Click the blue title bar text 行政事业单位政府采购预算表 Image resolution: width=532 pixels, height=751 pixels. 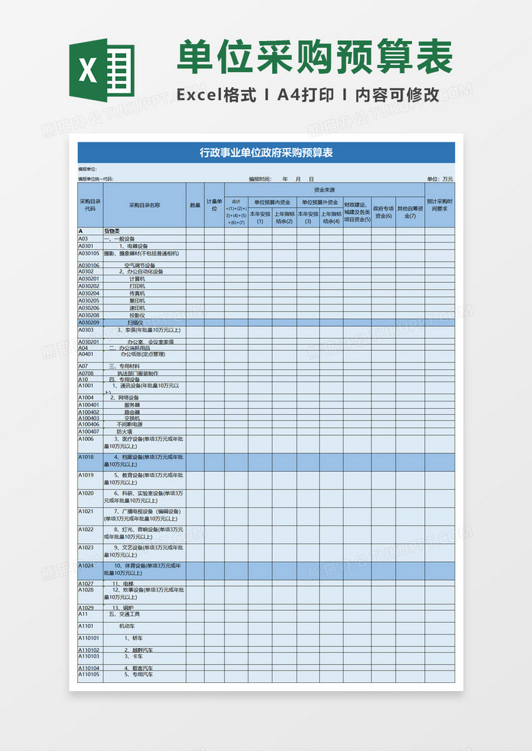[266, 153]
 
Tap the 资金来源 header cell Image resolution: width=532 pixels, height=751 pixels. [324, 189]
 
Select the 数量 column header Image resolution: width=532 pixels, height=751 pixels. [195, 204]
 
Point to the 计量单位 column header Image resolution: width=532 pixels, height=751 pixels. [215, 204]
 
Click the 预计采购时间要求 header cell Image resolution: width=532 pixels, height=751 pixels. [440, 204]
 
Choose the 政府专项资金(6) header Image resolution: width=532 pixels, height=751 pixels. [383, 212]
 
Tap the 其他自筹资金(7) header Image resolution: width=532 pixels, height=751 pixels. [410, 212]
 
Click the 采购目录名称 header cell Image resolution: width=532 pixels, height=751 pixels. [145, 204]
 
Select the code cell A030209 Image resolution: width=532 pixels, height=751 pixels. [89, 322]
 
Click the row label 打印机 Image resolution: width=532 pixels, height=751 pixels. [138, 286]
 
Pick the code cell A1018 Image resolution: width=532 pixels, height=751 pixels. [86, 457]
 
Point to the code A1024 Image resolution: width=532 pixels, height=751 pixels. [86, 566]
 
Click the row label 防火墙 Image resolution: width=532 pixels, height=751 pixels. [124, 431]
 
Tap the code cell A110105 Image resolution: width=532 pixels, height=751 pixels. [89, 675]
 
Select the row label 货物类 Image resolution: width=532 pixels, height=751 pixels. [112, 231]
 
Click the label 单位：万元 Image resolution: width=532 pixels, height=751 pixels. [439, 179]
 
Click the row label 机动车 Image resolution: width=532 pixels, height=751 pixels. [128, 626]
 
